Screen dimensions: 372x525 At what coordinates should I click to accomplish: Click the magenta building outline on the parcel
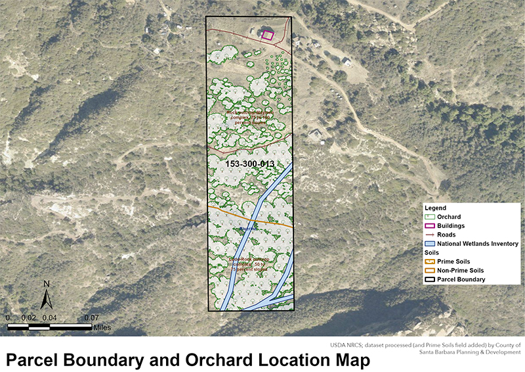click(x=267, y=35)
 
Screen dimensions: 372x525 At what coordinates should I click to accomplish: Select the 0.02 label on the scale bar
click(x=28, y=317)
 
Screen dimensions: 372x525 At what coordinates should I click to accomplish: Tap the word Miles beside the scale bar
click(x=102, y=327)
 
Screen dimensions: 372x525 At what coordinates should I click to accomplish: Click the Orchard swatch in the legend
click(x=430, y=217)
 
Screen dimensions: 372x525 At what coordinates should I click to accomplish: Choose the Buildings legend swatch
click(x=430, y=225)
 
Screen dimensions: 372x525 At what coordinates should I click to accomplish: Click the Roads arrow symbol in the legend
click(x=430, y=235)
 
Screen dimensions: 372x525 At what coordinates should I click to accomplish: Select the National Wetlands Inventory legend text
click(x=478, y=244)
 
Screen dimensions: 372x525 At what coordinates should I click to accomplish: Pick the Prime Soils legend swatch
click(x=430, y=262)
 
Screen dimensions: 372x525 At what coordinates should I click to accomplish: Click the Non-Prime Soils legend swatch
click(x=430, y=270)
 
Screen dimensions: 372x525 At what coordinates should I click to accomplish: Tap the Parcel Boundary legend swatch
click(x=430, y=279)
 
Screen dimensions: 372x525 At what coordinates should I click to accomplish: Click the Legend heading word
click(x=436, y=208)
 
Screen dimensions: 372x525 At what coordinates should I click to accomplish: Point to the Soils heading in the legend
click(x=432, y=252)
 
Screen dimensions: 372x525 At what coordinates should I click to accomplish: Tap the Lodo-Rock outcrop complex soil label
click(x=249, y=264)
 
